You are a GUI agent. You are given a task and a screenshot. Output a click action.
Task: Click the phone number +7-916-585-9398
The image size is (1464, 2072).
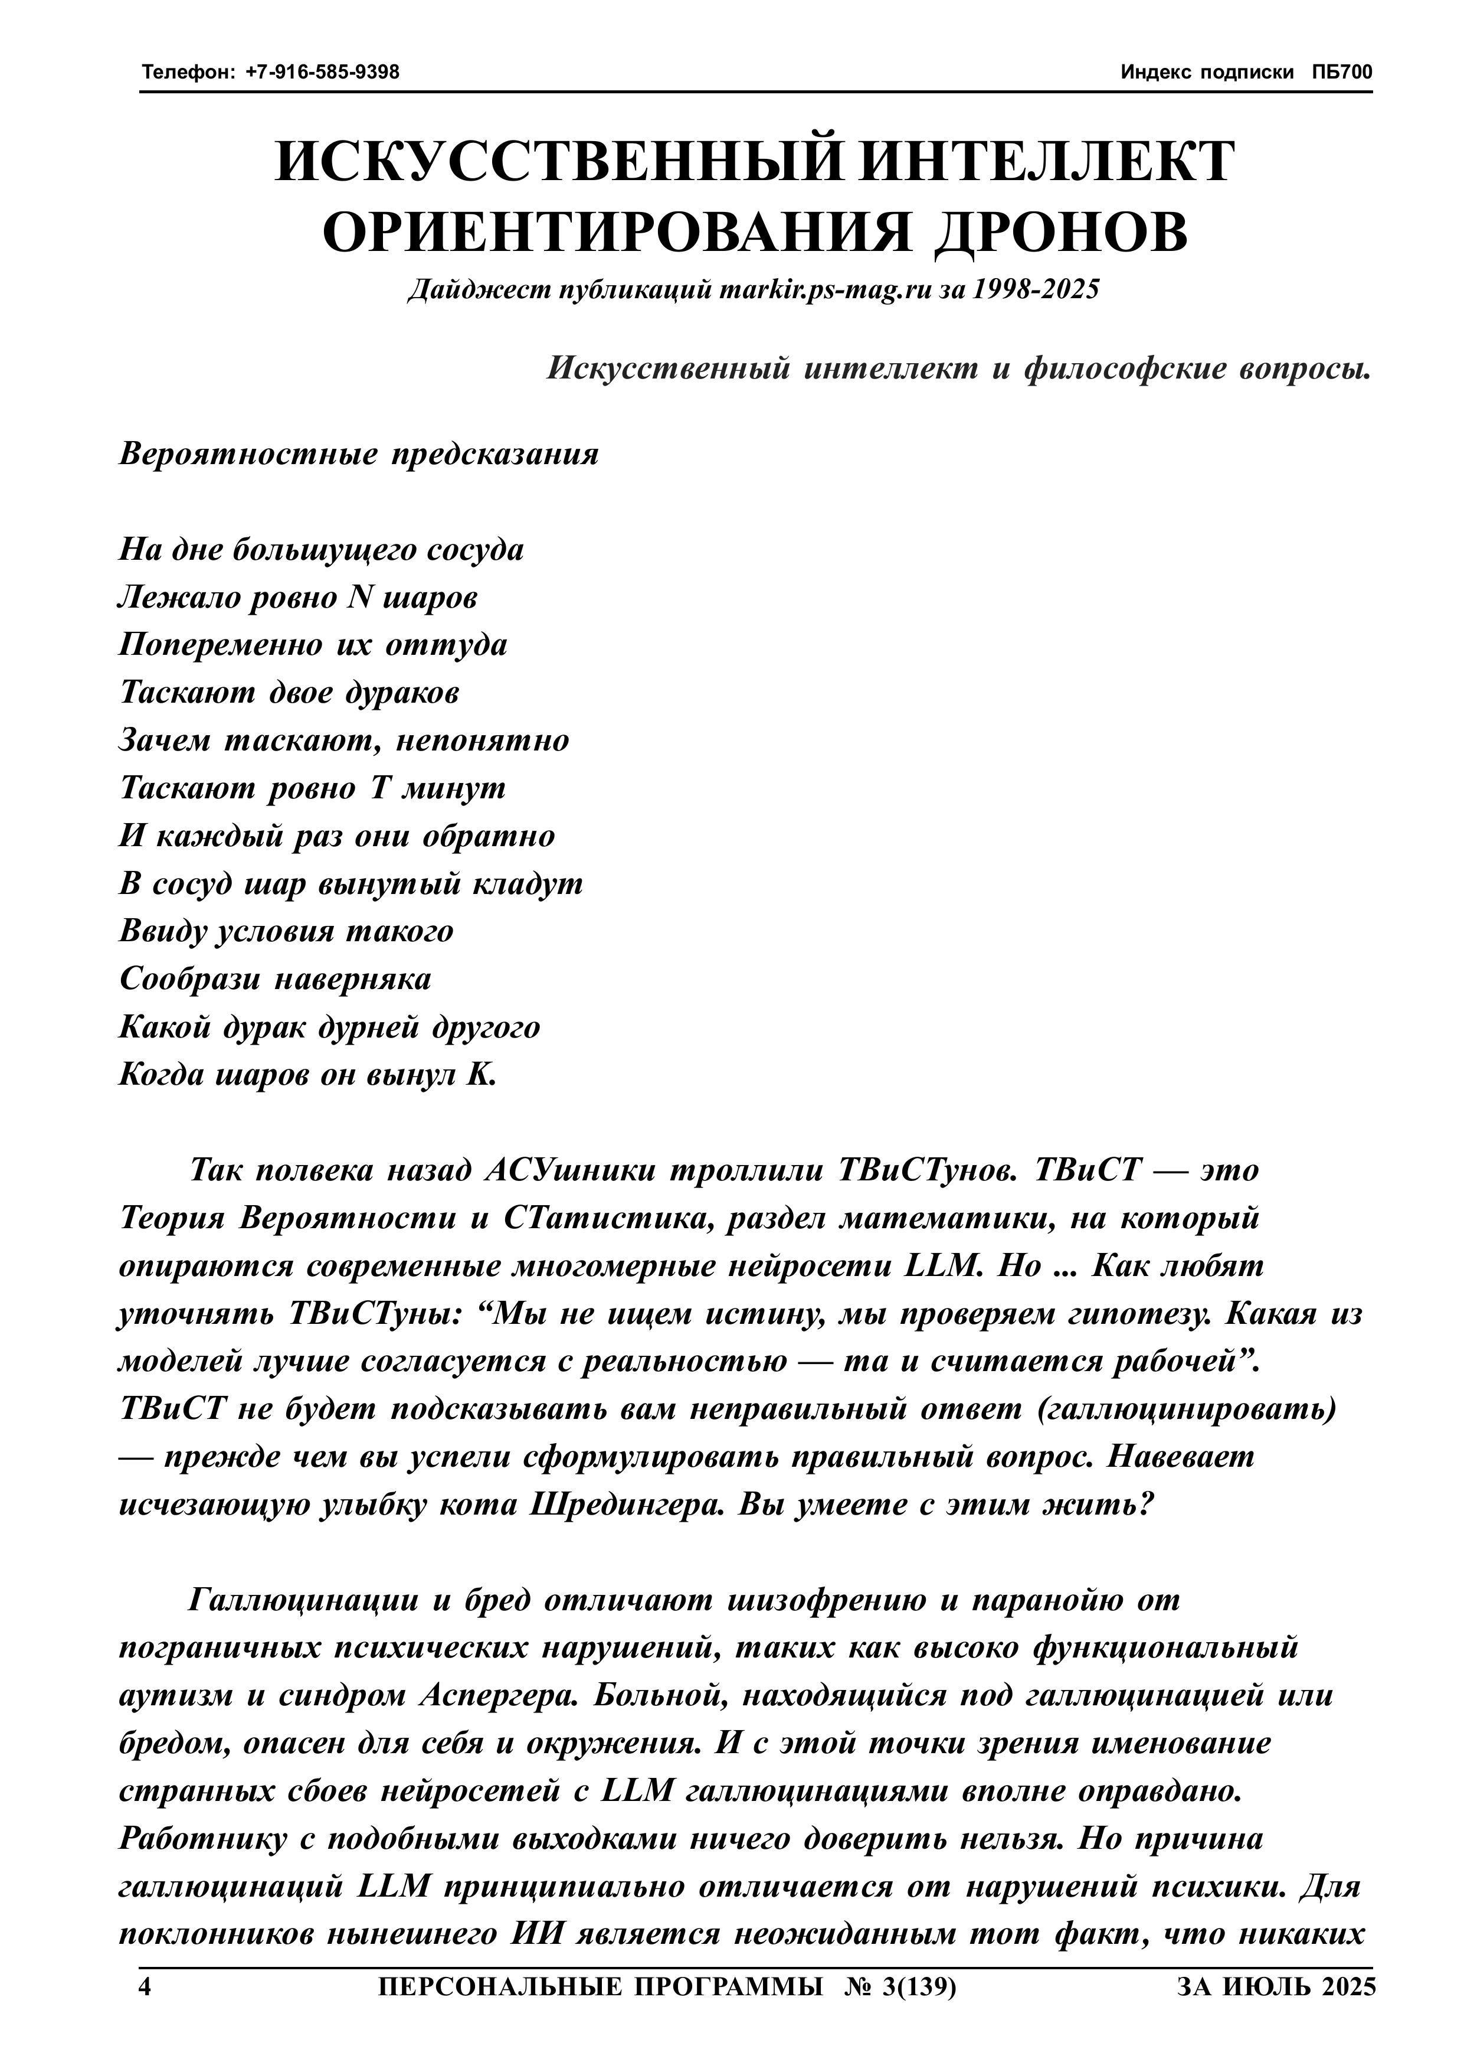pos(322,72)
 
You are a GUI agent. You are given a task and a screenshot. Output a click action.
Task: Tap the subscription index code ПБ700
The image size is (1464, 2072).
pos(1342,72)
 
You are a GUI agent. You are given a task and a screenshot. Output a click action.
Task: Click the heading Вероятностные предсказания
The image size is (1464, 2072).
pos(359,454)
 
